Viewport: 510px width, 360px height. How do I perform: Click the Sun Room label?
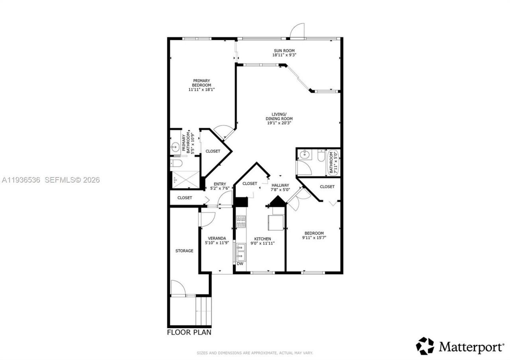(x=284, y=51)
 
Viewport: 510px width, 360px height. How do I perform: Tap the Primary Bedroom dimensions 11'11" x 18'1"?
(x=202, y=90)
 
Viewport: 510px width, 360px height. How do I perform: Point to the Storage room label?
(x=184, y=251)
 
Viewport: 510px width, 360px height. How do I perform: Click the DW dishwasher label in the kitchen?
(x=240, y=264)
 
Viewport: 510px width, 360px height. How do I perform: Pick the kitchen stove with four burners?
(x=241, y=221)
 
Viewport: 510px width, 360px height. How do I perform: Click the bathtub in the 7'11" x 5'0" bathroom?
(x=333, y=162)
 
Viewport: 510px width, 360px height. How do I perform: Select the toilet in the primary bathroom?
(x=176, y=163)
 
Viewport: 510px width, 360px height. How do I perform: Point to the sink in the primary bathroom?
(x=175, y=148)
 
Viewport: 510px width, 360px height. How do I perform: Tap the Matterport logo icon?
(x=425, y=346)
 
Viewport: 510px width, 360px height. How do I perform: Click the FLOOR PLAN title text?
(x=189, y=332)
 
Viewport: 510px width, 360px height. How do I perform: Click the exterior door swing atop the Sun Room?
(x=297, y=31)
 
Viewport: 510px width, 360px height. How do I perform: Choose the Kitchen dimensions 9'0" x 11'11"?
(x=262, y=243)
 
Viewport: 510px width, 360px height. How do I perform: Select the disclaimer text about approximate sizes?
(x=255, y=353)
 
